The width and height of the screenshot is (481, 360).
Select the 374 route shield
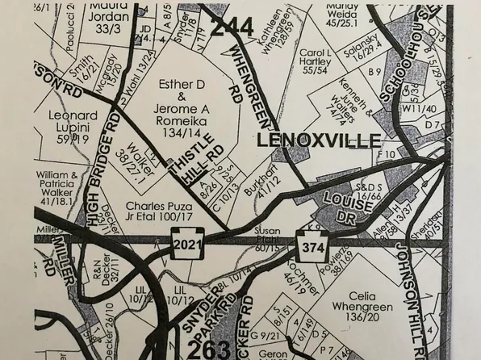pyautogui.click(x=312, y=244)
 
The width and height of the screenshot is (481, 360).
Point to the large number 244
pyautogui.click(x=234, y=25)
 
